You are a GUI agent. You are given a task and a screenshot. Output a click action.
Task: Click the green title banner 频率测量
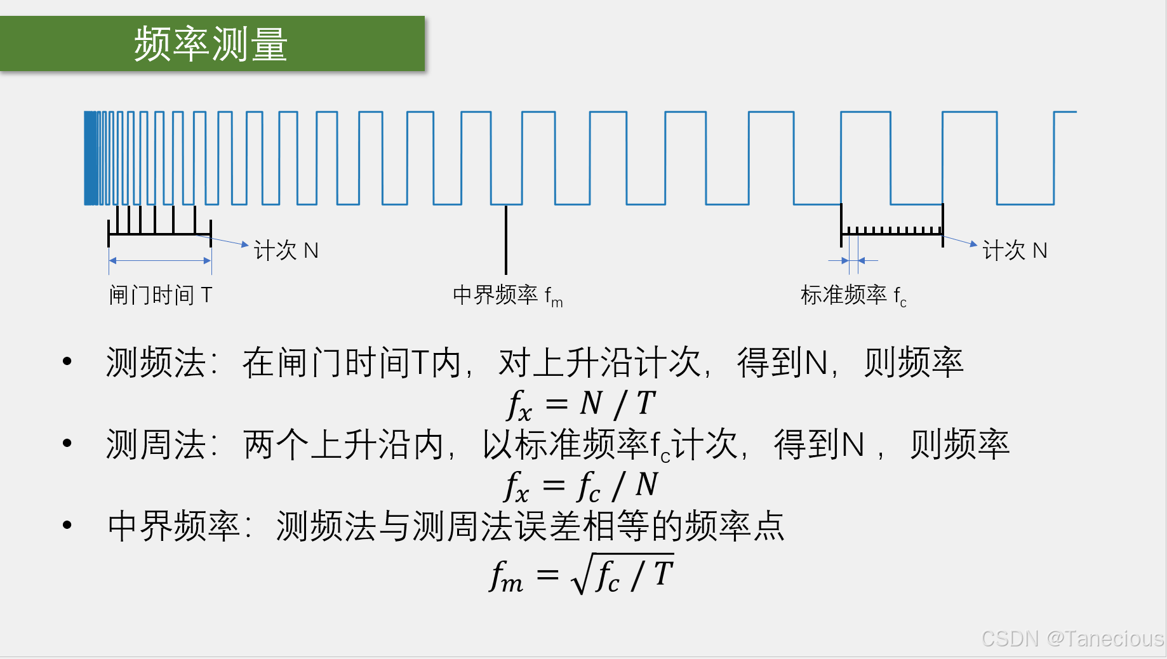click(212, 43)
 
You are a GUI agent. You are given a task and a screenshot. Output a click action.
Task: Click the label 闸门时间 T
click(160, 295)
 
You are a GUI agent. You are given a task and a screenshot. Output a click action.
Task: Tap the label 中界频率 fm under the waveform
click(507, 296)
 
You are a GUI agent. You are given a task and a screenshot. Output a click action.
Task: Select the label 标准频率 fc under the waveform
click(853, 296)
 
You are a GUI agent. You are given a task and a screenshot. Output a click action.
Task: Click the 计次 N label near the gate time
click(286, 251)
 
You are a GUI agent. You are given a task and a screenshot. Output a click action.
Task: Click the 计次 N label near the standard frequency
click(1014, 251)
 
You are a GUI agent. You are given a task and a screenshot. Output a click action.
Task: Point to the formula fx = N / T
click(582, 404)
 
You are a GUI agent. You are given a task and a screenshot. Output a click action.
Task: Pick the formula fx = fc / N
click(582, 486)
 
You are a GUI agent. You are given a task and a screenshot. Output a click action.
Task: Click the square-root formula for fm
click(582, 575)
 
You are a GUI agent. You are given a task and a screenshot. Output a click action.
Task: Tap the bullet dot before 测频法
click(67, 362)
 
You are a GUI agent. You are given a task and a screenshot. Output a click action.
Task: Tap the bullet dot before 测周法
click(67, 443)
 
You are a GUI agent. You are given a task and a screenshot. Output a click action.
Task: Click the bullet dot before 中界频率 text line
click(67, 525)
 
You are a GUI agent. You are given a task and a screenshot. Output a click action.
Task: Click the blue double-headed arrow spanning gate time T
click(160, 260)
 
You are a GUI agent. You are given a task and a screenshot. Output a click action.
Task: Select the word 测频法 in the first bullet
click(156, 363)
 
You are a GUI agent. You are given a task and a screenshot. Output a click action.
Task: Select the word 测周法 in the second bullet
click(156, 444)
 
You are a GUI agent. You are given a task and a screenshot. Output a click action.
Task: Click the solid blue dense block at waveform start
click(91, 158)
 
